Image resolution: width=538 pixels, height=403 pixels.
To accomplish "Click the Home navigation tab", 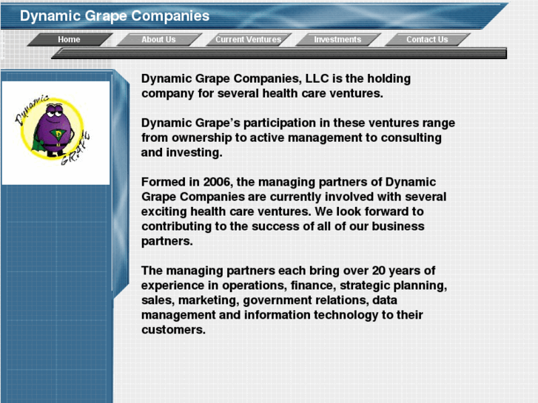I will pos(69,39).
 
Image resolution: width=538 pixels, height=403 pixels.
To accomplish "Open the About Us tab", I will pos(158,39).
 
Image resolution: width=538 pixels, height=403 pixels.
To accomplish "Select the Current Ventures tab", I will pos(248,39).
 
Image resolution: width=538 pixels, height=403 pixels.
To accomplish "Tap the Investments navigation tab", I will pos(337,39).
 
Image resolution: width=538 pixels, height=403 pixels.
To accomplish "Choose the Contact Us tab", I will pos(427,39).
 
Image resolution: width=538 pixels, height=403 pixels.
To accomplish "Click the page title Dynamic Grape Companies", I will pos(115,16).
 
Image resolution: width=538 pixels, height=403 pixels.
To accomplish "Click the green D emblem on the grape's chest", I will pos(55,134).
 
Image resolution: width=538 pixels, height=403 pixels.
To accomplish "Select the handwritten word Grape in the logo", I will pos(84,147).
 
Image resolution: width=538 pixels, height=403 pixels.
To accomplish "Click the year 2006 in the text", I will pos(215,182).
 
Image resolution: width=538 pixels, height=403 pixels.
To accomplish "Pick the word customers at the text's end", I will pos(173,330).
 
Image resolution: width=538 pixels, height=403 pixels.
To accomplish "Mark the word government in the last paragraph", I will pos(277,300).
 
